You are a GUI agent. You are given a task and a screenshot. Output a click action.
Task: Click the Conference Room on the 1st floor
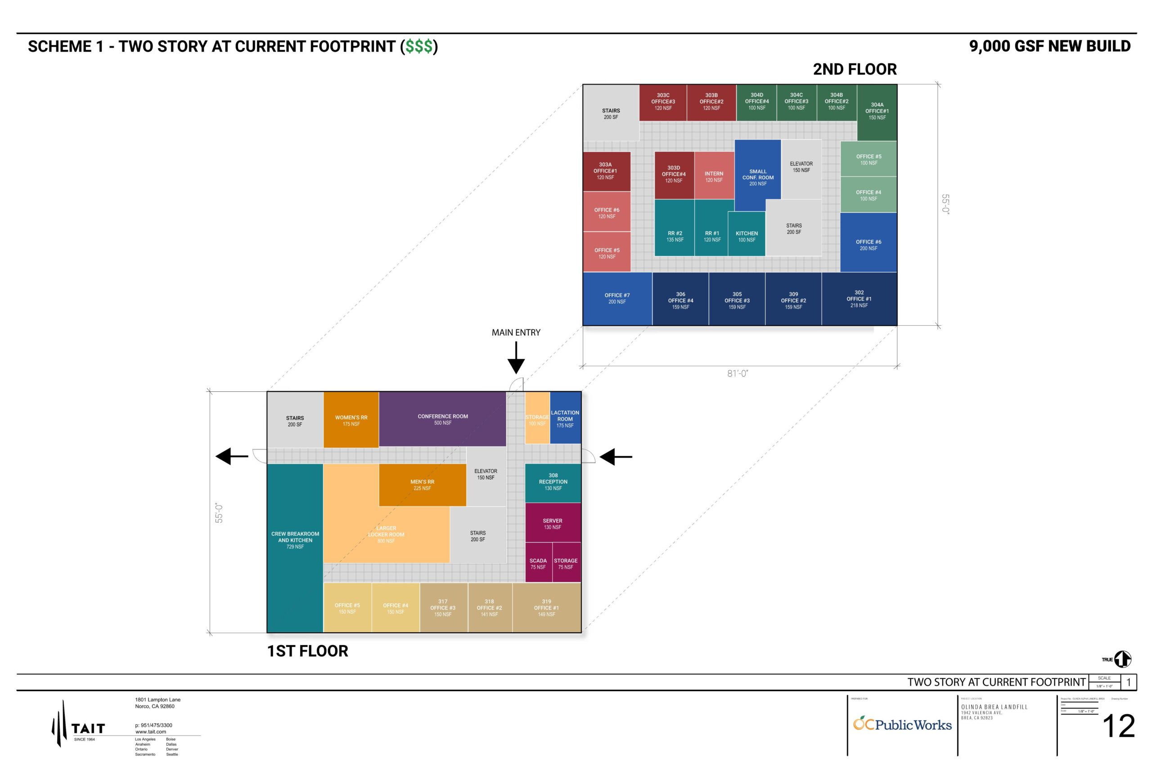tap(442, 419)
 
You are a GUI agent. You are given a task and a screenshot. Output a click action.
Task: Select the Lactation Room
tap(565, 418)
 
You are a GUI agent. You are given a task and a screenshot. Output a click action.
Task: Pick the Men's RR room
tap(422, 485)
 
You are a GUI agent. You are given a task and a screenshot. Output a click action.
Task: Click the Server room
tap(553, 523)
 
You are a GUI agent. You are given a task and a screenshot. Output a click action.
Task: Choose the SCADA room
tap(538, 563)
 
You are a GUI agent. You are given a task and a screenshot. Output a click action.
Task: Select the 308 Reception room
tap(553, 482)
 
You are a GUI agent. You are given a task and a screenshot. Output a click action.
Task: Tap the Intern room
tap(714, 176)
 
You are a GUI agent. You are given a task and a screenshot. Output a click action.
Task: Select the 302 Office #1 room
tap(859, 299)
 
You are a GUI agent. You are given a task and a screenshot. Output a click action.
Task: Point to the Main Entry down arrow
tap(516, 359)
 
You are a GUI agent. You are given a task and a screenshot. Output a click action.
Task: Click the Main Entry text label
tap(516, 332)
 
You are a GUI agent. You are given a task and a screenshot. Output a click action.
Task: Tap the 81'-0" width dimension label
tap(738, 374)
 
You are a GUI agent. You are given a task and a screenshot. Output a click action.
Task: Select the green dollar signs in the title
tap(419, 46)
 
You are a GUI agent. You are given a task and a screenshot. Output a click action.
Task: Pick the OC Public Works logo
tap(902, 724)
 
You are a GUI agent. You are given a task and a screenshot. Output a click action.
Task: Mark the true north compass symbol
tap(1122, 659)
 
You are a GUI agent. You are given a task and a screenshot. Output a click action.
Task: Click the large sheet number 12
tap(1119, 726)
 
